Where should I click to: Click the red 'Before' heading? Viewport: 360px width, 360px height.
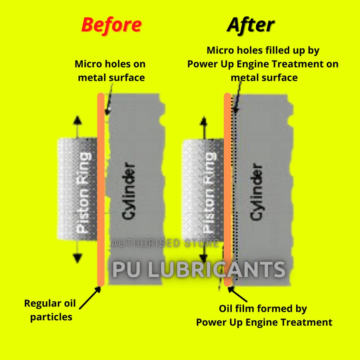tap(111, 25)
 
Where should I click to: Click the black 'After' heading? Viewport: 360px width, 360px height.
tap(250, 25)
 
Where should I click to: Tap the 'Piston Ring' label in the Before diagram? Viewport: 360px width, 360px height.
tap(83, 193)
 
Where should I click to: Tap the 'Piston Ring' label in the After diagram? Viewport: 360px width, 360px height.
tap(210, 193)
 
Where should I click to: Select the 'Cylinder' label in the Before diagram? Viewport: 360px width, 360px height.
tap(129, 191)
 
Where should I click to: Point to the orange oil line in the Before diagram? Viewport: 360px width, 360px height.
tap(101, 190)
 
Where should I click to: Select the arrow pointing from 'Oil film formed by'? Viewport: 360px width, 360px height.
tap(238, 295)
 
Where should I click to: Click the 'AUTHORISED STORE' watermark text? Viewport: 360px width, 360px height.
tap(165, 243)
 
